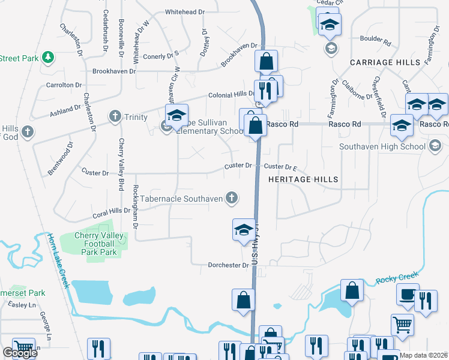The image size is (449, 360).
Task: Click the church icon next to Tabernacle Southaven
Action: click(x=231, y=198)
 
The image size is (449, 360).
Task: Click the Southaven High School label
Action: click(x=382, y=146)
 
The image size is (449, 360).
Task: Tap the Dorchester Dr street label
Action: click(x=228, y=265)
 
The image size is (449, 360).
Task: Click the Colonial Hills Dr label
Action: click(x=232, y=95)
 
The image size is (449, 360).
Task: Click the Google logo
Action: click(x=20, y=353)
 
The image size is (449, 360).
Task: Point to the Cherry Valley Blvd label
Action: click(x=122, y=158)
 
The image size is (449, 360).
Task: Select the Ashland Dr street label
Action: click(x=65, y=110)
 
